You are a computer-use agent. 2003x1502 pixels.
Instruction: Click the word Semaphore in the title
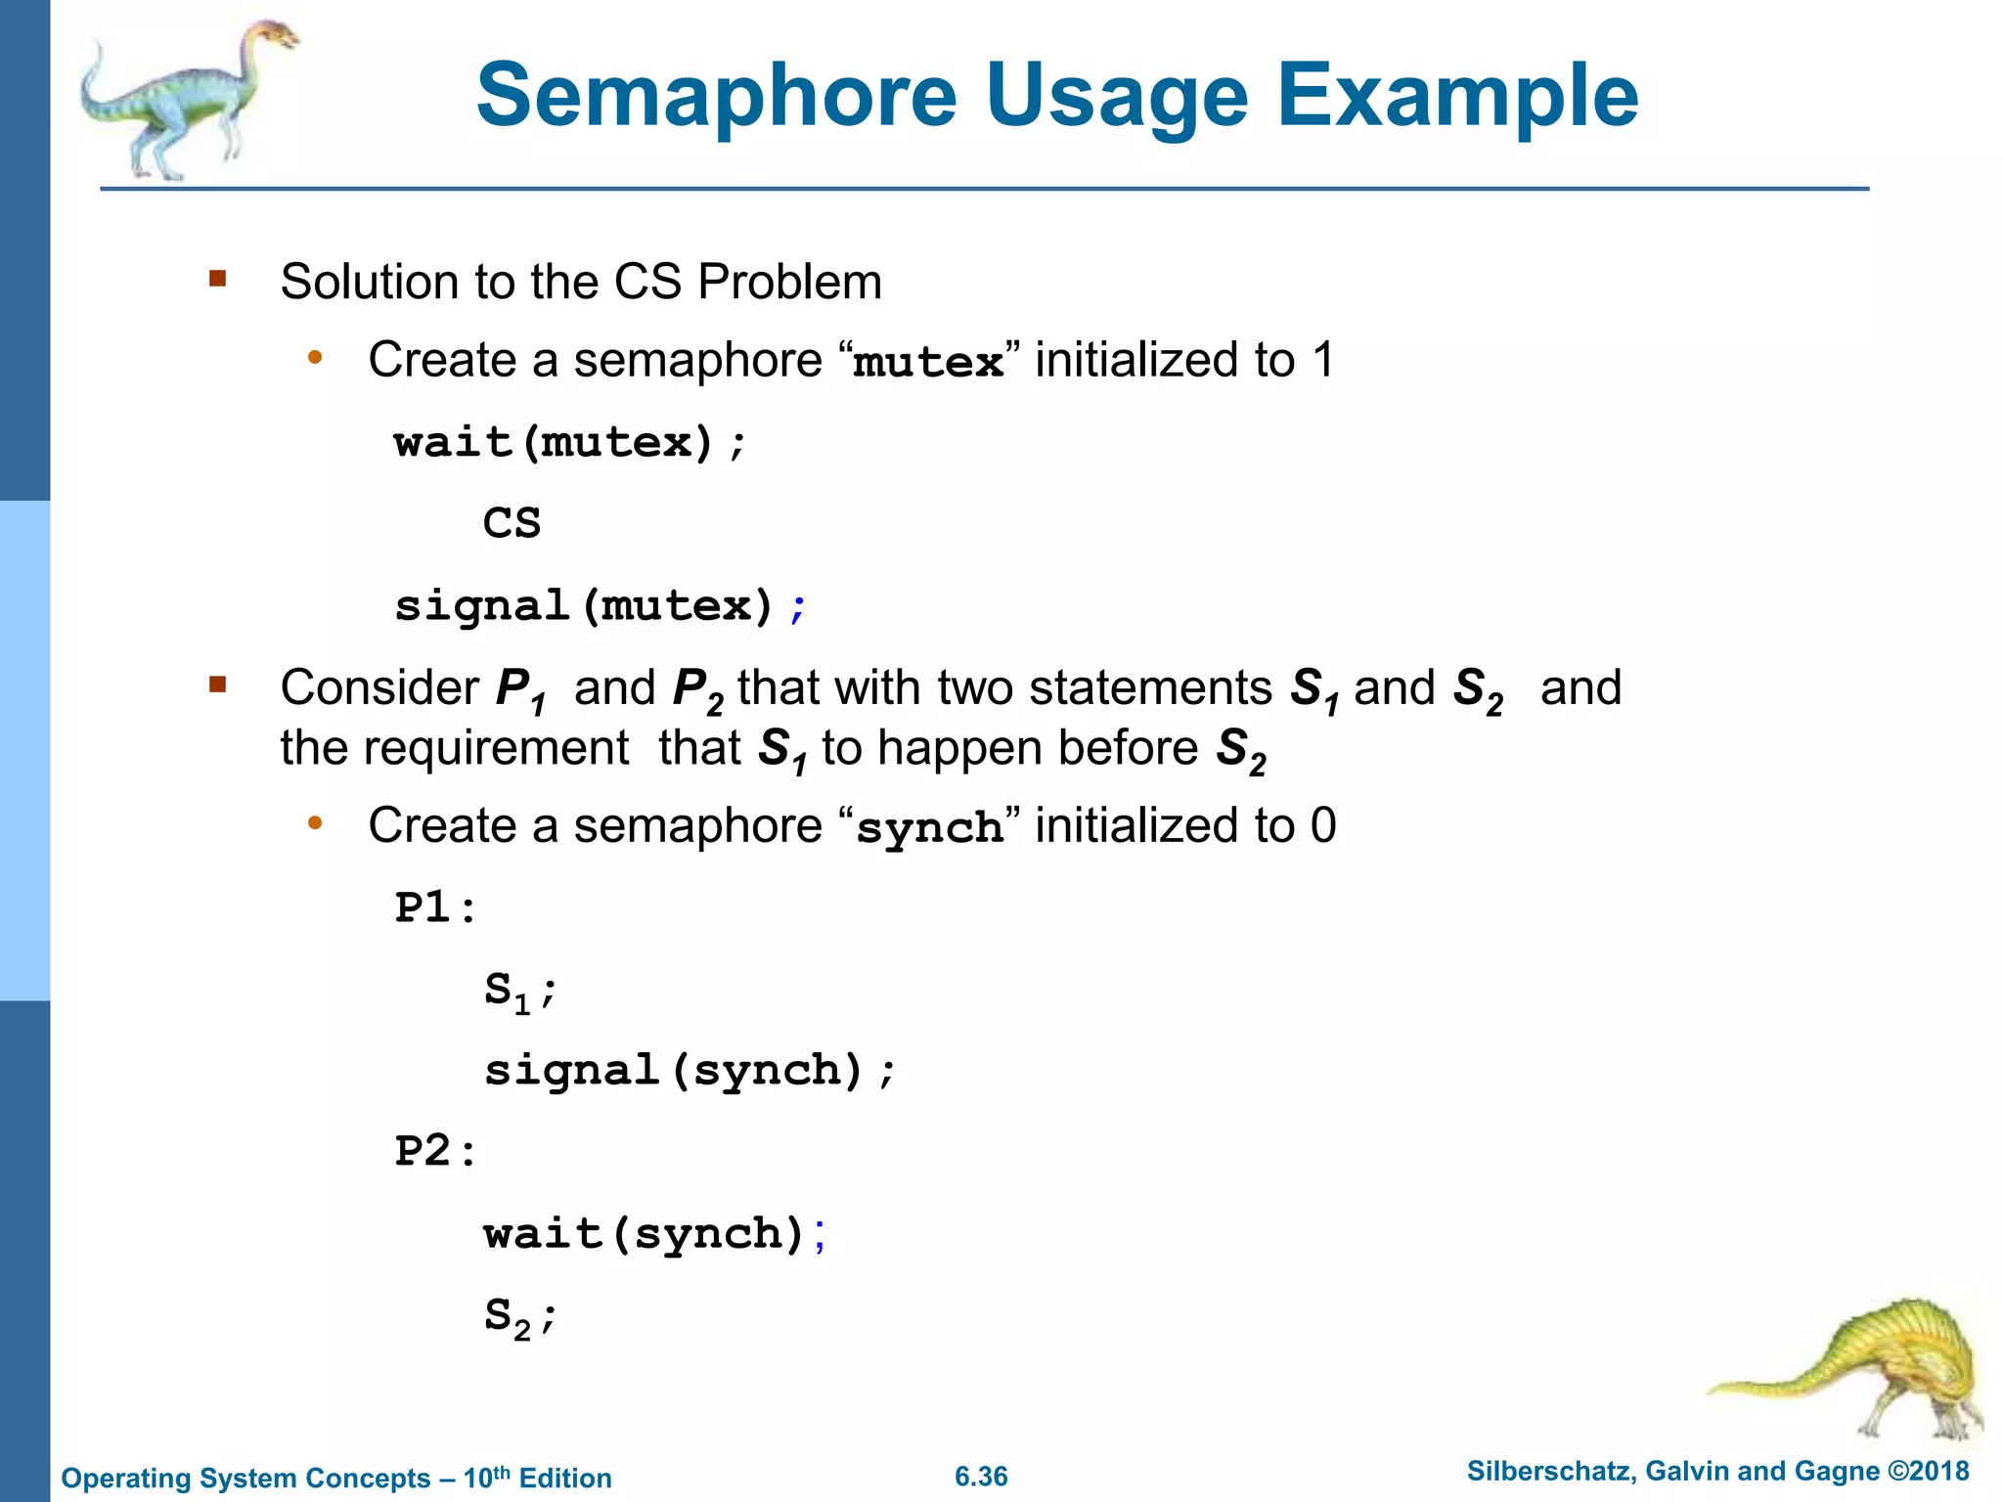(x=717, y=96)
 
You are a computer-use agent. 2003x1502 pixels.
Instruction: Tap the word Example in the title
(x=1457, y=96)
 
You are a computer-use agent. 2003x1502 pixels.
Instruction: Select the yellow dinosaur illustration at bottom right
(x=1858, y=1369)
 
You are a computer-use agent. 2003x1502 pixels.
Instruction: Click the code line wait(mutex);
(x=570, y=443)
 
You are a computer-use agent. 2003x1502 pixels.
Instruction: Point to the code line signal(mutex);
(x=600, y=606)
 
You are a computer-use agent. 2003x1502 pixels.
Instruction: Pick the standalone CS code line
(x=512, y=523)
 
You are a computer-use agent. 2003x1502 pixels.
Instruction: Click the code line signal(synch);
(x=689, y=1071)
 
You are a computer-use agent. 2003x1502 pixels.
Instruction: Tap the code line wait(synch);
(x=654, y=1234)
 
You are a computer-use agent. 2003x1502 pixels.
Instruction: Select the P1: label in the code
(x=435, y=907)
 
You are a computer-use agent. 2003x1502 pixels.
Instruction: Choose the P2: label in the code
(x=435, y=1151)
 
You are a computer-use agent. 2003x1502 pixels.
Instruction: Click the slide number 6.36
(x=981, y=1477)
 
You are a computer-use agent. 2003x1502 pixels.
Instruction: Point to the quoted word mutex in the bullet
(x=927, y=363)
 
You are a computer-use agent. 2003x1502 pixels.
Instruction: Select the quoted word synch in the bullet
(x=929, y=828)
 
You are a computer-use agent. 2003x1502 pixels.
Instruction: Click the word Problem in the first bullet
(x=789, y=283)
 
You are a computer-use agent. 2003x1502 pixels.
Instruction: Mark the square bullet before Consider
(x=217, y=685)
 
